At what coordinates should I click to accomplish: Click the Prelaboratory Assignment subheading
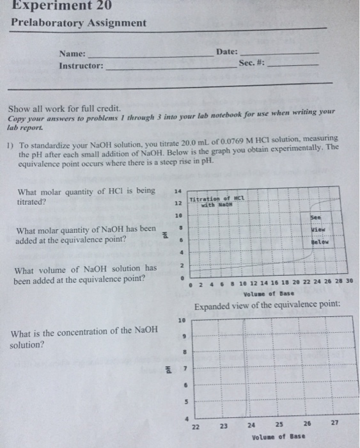coord(79,23)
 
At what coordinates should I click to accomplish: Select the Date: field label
coord(227,51)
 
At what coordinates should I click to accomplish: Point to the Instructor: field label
coord(81,66)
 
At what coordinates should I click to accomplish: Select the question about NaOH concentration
coord(84,335)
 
